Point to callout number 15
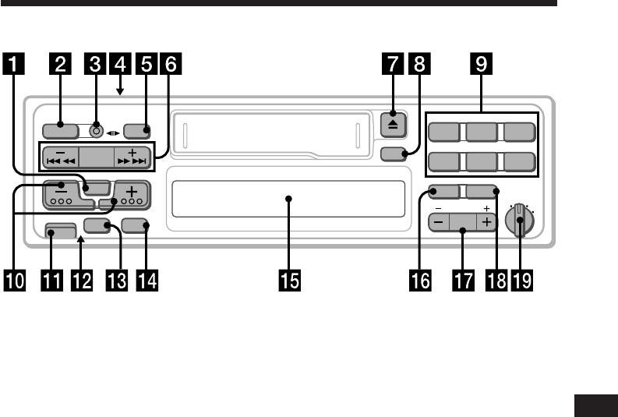click(288, 279)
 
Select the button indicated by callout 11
click(61, 231)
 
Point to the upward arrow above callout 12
click(81, 244)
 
